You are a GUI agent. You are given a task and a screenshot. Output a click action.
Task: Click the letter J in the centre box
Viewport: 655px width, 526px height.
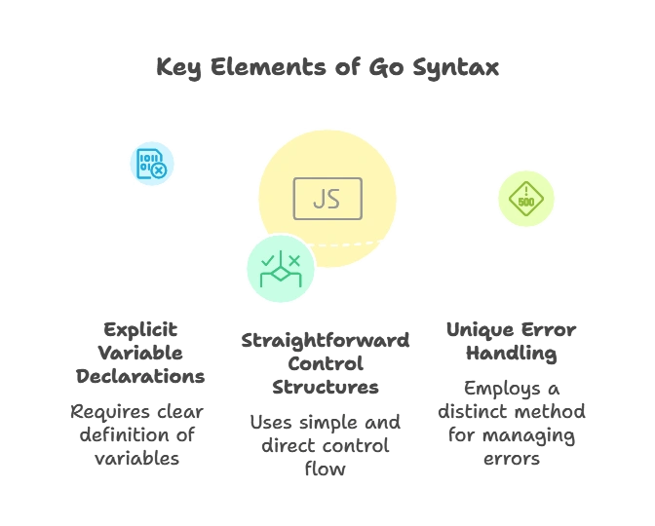(x=319, y=199)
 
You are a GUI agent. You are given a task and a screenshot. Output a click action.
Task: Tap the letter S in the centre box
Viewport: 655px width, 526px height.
(x=334, y=199)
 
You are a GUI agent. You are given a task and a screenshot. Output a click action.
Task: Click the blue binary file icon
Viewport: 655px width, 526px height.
(x=152, y=163)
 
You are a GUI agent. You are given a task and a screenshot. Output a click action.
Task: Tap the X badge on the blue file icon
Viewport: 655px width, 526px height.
(x=159, y=170)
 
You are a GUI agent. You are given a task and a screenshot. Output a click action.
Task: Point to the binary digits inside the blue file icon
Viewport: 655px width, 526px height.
(x=146, y=160)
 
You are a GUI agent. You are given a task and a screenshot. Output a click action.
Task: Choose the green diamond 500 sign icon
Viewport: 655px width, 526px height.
(x=526, y=199)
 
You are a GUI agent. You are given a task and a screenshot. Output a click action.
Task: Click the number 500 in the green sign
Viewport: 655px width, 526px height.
(x=526, y=204)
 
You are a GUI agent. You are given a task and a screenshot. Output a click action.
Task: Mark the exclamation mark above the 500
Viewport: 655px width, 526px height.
(x=526, y=191)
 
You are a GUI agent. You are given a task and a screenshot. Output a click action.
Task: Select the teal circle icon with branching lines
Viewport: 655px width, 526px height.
(x=281, y=268)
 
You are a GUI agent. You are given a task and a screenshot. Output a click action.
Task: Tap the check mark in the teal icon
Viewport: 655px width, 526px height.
(x=268, y=260)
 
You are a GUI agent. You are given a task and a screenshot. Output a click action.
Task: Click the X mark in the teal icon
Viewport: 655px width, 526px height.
(x=293, y=260)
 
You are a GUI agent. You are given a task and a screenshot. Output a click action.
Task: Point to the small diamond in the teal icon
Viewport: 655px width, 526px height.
(x=281, y=274)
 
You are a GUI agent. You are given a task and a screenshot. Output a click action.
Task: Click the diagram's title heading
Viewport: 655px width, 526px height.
(x=327, y=68)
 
